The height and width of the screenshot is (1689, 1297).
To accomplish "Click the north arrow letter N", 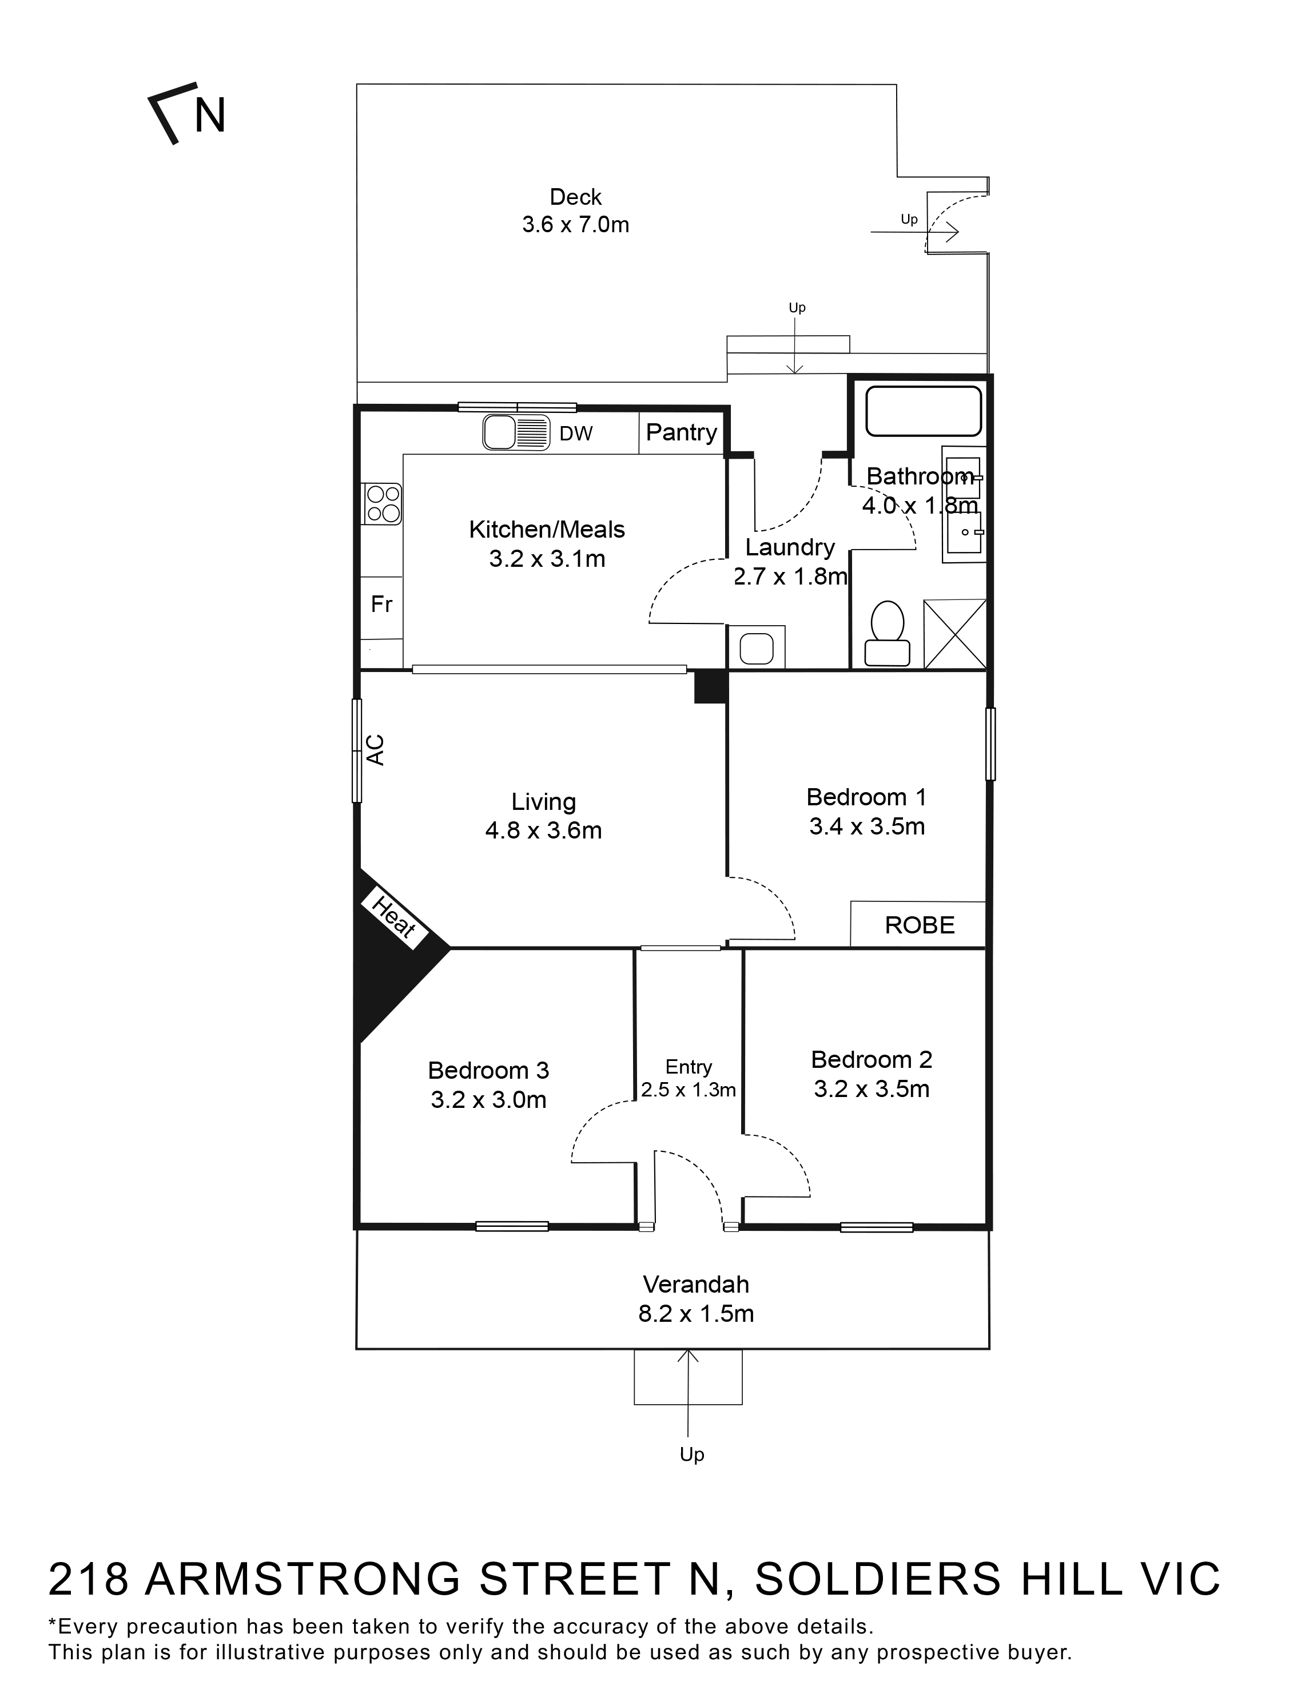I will [x=209, y=116].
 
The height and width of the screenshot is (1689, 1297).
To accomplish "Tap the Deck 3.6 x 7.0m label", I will [x=575, y=210].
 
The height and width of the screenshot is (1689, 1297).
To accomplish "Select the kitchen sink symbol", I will [x=516, y=432].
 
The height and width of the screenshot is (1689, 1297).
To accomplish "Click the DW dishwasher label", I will [x=576, y=434].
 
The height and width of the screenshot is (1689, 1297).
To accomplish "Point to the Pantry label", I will [x=681, y=432].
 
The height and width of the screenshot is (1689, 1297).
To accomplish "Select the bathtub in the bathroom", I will [x=924, y=411].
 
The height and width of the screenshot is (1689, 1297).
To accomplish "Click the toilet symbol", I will [x=887, y=634].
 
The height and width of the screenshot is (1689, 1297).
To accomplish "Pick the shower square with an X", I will [x=955, y=634].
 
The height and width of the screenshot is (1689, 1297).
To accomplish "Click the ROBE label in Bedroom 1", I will [x=920, y=925].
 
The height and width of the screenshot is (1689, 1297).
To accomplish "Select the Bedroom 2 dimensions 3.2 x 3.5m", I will [x=872, y=1089].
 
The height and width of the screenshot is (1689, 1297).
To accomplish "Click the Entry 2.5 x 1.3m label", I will [x=688, y=1078].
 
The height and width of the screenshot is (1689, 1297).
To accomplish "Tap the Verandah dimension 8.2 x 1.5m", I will [x=695, y=1313].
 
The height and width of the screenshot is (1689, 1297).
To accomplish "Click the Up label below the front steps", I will [x=692, y=1454].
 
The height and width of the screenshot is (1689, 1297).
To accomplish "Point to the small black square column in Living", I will [x=710, y=687].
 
